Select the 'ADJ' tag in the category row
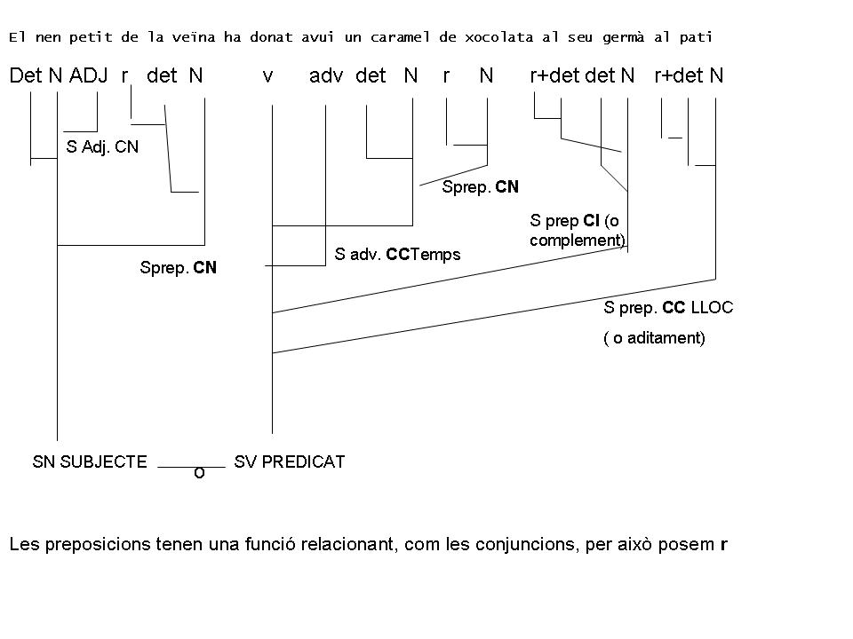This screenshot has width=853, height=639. pyautogui.click(x=88, y=76)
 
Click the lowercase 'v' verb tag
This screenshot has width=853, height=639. pyautogui.click(x=267, y=77)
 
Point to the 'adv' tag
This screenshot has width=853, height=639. pyautogui.click(x=326, y=76)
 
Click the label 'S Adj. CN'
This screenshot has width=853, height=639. pyautogui.click(x=103, y=147)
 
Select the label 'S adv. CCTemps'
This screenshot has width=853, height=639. pyautogui.click(x=397, y=255)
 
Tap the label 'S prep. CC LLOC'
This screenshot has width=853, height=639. pyautogui.click(x=668, y=308)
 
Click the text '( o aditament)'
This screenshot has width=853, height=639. pyautogui.click(x=654, y=338)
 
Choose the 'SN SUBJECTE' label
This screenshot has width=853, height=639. pyautogui.click(x=89, y=461)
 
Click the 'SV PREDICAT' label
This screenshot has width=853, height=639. pyautogui.click(x=289, y=461)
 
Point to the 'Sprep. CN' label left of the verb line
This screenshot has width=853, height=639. pyautogui.click(x=178, y=267)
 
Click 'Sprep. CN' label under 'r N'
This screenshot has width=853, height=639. pyautogui.click(x=480, y=187)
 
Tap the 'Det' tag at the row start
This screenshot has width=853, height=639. pyautogui.click(x=26, y=76)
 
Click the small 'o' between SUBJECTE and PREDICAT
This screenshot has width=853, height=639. pyautogui.click(x=199, y=474)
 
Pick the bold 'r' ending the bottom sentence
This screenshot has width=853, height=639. pyautogui.click(x=724, y=545)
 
